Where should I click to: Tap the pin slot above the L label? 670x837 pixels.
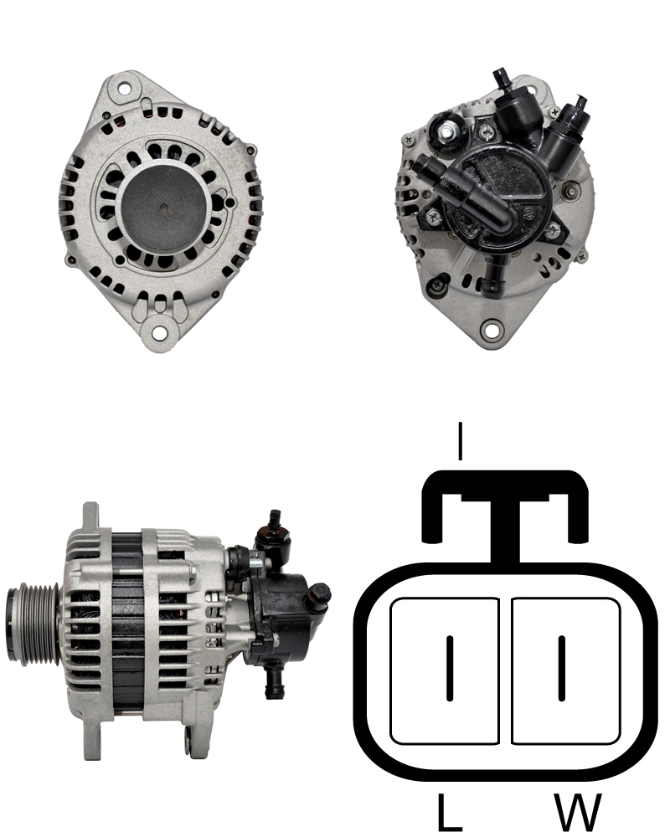(450, 667)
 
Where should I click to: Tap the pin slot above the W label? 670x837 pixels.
(562, 667)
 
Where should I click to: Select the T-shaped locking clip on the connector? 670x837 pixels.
(504, 511)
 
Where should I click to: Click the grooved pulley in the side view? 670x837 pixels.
(30, 619)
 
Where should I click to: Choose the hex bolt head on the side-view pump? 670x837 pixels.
(319, 594)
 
